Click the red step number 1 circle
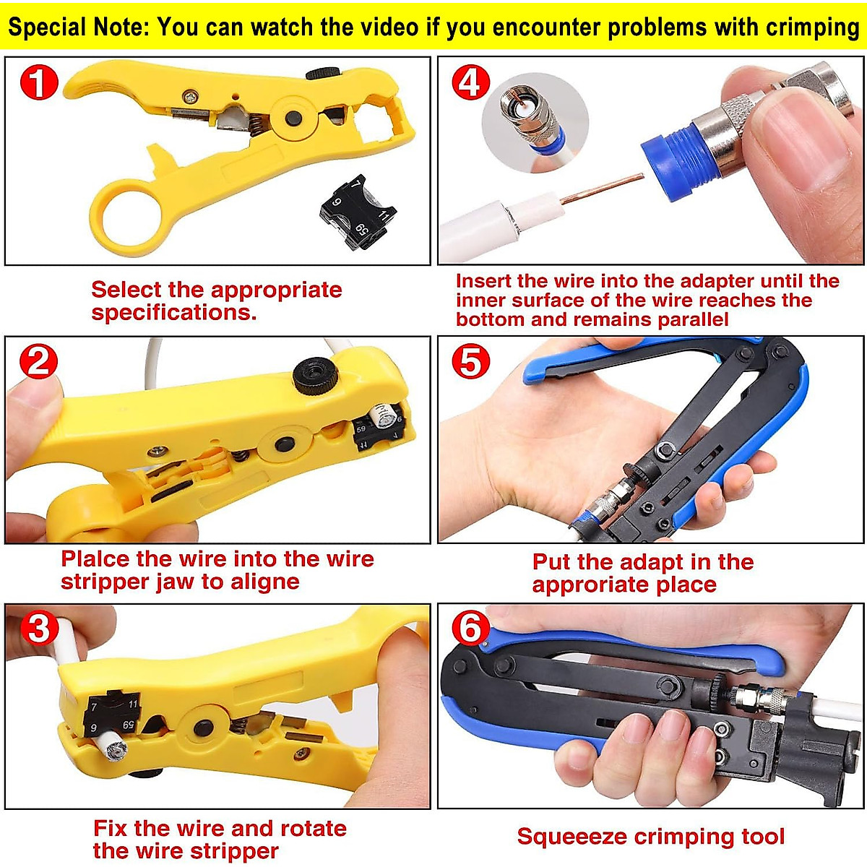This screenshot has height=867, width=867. click(38, 83)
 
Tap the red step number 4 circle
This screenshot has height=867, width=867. click(470, 82)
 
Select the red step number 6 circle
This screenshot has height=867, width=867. click(470, 628)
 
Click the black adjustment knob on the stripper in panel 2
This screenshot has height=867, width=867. click(316, 376)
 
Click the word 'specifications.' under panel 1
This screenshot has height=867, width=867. click(174, 313)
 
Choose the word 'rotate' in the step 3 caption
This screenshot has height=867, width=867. click(313, 829)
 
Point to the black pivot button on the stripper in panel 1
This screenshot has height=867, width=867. click(293, 118)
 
